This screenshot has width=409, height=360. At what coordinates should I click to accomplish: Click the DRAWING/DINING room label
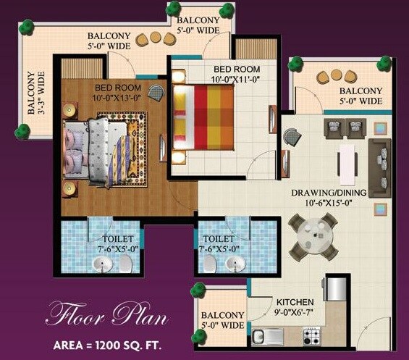[x=329, y=193]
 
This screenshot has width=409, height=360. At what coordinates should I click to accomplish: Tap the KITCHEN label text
[x=295, y=301]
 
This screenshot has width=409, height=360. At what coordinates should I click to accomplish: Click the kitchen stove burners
[x=312, y=336]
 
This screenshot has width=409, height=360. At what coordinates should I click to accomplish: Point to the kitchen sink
[x=267, y=335]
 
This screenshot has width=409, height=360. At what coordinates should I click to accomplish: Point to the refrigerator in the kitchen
[x=335, y=288]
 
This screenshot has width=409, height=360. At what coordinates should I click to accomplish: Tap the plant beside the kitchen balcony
[x=198, y=292]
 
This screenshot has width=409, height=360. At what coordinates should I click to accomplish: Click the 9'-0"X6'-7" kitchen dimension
[x=295, y=312]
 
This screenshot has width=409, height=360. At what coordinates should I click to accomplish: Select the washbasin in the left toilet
[x=105, y=264]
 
